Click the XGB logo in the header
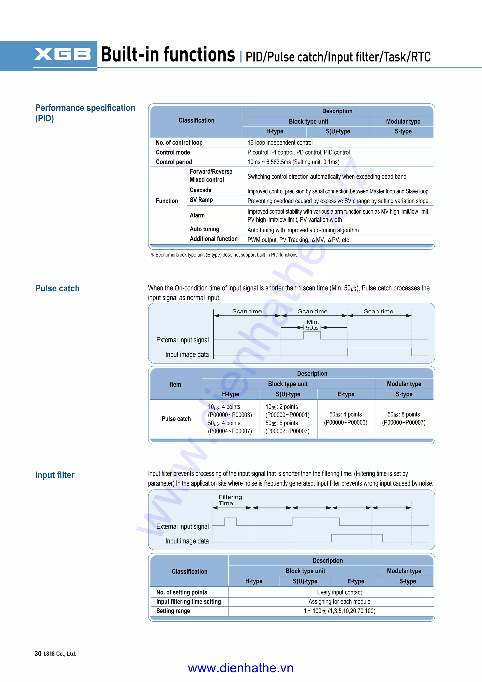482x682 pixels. coord(62,54)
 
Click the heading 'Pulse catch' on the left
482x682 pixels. coord(57,288)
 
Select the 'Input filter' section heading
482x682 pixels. coord(55,475)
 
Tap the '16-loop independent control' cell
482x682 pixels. coord(280,143)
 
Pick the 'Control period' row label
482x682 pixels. coord(174,162)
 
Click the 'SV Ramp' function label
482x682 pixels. coord(201,200)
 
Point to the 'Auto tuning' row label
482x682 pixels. coord(205,229)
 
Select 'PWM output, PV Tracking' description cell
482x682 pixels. coord(298,240)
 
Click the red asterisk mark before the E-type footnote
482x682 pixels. coord(153,255)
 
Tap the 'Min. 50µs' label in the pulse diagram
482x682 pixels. coord(312,325)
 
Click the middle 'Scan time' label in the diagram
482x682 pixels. coord(313,311)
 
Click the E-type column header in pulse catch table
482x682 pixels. coord(346,394)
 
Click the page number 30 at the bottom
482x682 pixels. coord(38,653)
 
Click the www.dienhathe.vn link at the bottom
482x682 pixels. coord(241,668)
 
